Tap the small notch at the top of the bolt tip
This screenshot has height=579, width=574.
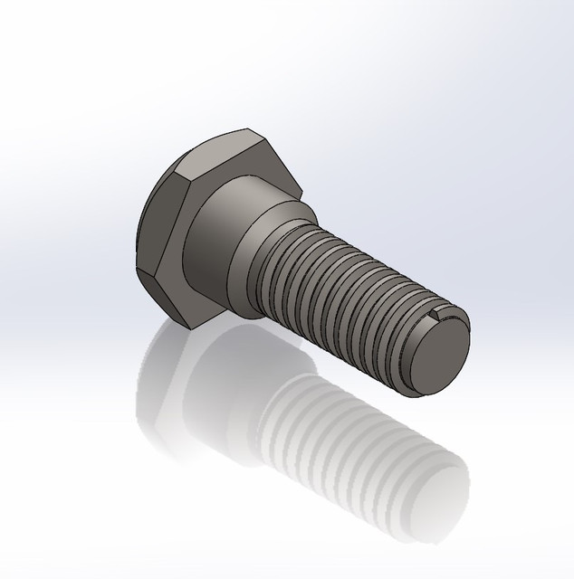(x=441, y=314)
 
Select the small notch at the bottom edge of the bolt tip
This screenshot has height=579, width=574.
(x=417, y=391)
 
